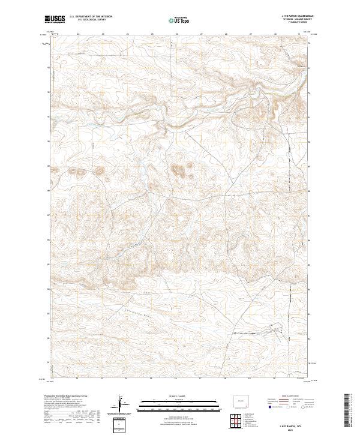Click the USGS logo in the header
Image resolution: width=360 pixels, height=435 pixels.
click(x=54, y=20)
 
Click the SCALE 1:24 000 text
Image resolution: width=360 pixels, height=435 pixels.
click(x=176, y=395)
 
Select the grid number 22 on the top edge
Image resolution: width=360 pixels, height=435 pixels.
click(x=79, y=34)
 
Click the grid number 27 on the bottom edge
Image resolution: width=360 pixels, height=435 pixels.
click(x=200, y=380)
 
